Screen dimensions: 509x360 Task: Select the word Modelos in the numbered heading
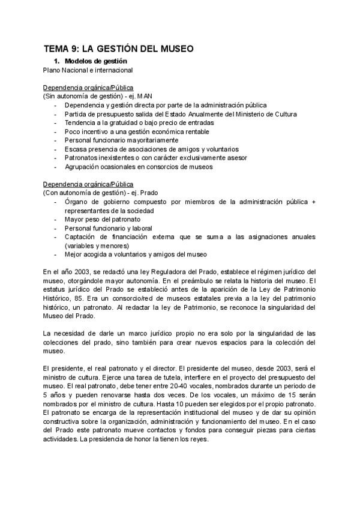pyautogui.click(x=79, y=61)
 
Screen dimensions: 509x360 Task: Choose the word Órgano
pyautogui.click(x=77, y=202)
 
